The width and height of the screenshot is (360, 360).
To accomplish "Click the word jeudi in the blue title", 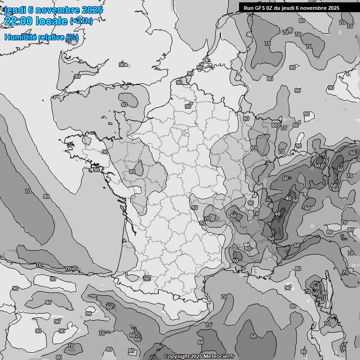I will (x=14, y=10).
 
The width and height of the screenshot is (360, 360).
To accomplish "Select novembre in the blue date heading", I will (x=57, y=10).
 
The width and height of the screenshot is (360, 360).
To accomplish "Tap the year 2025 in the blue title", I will (x=92, y=10).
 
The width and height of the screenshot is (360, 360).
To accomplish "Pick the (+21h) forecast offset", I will (x=81, y=21).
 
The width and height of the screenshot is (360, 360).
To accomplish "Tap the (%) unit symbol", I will (x=72, y=37).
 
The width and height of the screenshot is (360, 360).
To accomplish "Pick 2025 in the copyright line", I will (x=197, y=357).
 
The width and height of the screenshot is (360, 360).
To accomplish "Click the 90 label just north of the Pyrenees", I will (x=147, y=279).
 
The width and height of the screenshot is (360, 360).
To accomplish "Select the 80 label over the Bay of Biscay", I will (x=46, y=196).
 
